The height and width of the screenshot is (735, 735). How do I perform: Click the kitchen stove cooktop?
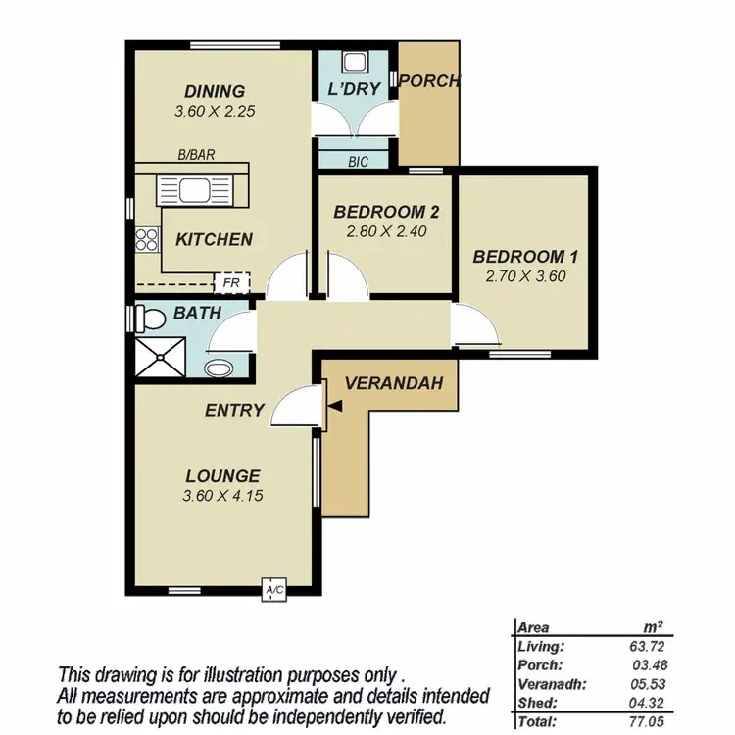tap(147, 238)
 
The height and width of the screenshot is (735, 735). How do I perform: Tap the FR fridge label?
tap(232, 283)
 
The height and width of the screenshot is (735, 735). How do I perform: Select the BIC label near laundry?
tap(358, 162)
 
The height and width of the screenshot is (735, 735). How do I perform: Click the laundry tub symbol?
tap(354, 62)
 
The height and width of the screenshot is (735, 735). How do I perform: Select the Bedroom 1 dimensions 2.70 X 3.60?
tap(525, 276)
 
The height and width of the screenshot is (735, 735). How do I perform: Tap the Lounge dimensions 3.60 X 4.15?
tap(222, 496)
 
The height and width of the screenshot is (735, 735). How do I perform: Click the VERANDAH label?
tap(388, 382)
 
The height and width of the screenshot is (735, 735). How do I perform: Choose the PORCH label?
tap(429, 81)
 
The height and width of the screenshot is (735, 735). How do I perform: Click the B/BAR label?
tap(197, 155)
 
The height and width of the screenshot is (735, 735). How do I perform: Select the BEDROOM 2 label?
tap(386, 212)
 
